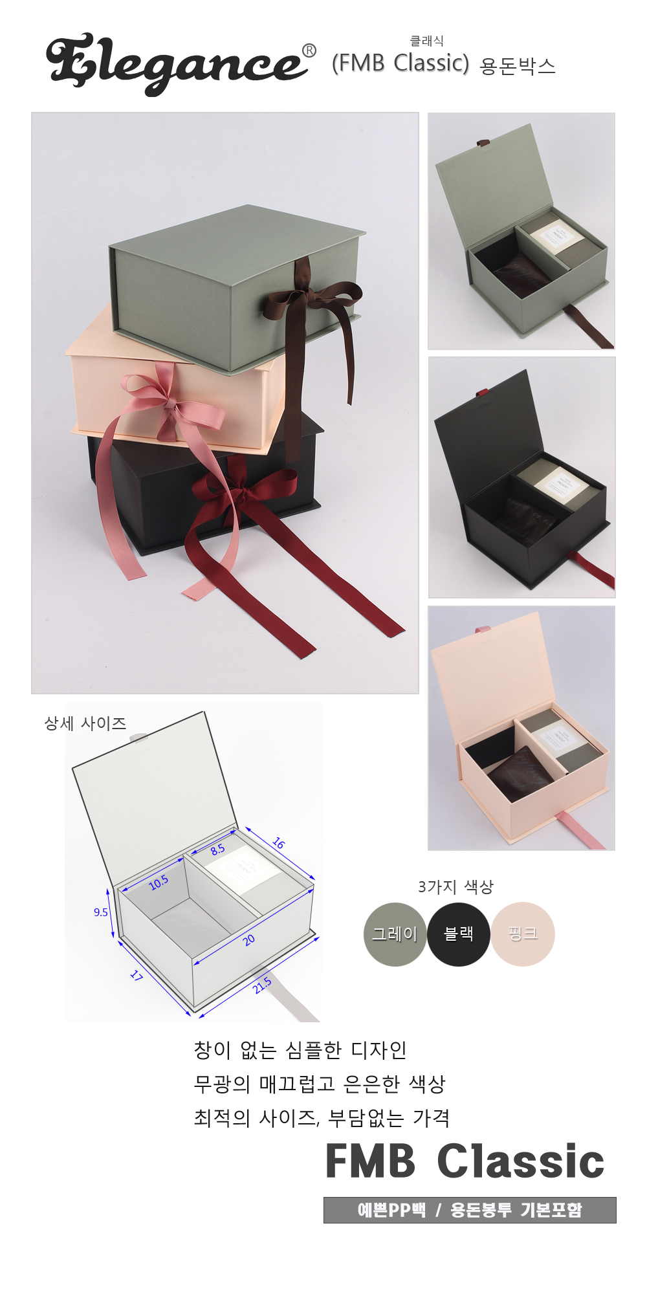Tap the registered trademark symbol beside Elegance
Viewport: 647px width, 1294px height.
[x=309, y=50]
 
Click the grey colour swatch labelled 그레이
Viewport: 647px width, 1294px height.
[x=395, y=934]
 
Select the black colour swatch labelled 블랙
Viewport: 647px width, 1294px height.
[x=458, y=934]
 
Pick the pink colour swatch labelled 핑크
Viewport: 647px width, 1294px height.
[x=523, y=934]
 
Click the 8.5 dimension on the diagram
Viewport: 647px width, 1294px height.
[x=217, y=850]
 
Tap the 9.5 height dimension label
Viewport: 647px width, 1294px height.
[x=101, y=912]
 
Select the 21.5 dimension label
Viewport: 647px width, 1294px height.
[x=262, y=985]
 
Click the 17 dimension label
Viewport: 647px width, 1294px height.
[x=136, y=975]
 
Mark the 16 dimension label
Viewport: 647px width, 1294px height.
[x=278, y=843]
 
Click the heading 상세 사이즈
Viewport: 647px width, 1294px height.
[x=85, y=723]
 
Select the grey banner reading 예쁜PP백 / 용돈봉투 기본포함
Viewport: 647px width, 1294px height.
[x=470, y=1210]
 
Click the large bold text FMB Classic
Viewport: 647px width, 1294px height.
[x=465, y=1161]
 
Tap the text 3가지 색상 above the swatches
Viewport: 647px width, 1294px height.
[x=455, y=886]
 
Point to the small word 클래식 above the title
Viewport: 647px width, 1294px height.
[x=427, y=41]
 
